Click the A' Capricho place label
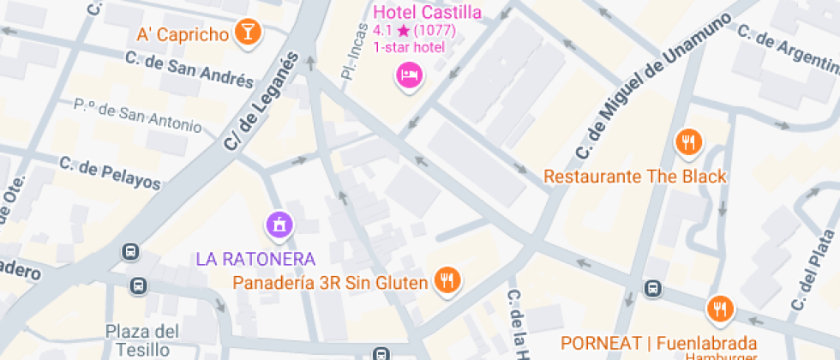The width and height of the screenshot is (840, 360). (183, 35)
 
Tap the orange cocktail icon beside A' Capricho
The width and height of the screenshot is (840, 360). (248, 33)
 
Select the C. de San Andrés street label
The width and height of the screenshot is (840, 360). (189, 69)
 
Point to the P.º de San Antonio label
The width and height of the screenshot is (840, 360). (137, 118)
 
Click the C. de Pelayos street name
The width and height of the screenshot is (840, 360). (110, 172)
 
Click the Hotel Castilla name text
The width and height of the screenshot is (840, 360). (427, 12)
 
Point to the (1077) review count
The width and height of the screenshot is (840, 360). (435, 30)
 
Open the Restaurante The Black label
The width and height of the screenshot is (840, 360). (635, 177)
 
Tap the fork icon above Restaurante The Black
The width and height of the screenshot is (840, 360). (687, 142)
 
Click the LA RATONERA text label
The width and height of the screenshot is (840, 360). (256, 258)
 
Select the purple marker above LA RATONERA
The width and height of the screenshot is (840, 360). (279, 225)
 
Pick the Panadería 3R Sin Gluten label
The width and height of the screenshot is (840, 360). (330, 282)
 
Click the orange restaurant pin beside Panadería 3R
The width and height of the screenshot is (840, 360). (447, 279)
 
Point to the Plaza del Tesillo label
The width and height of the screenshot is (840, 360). (142, 339)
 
